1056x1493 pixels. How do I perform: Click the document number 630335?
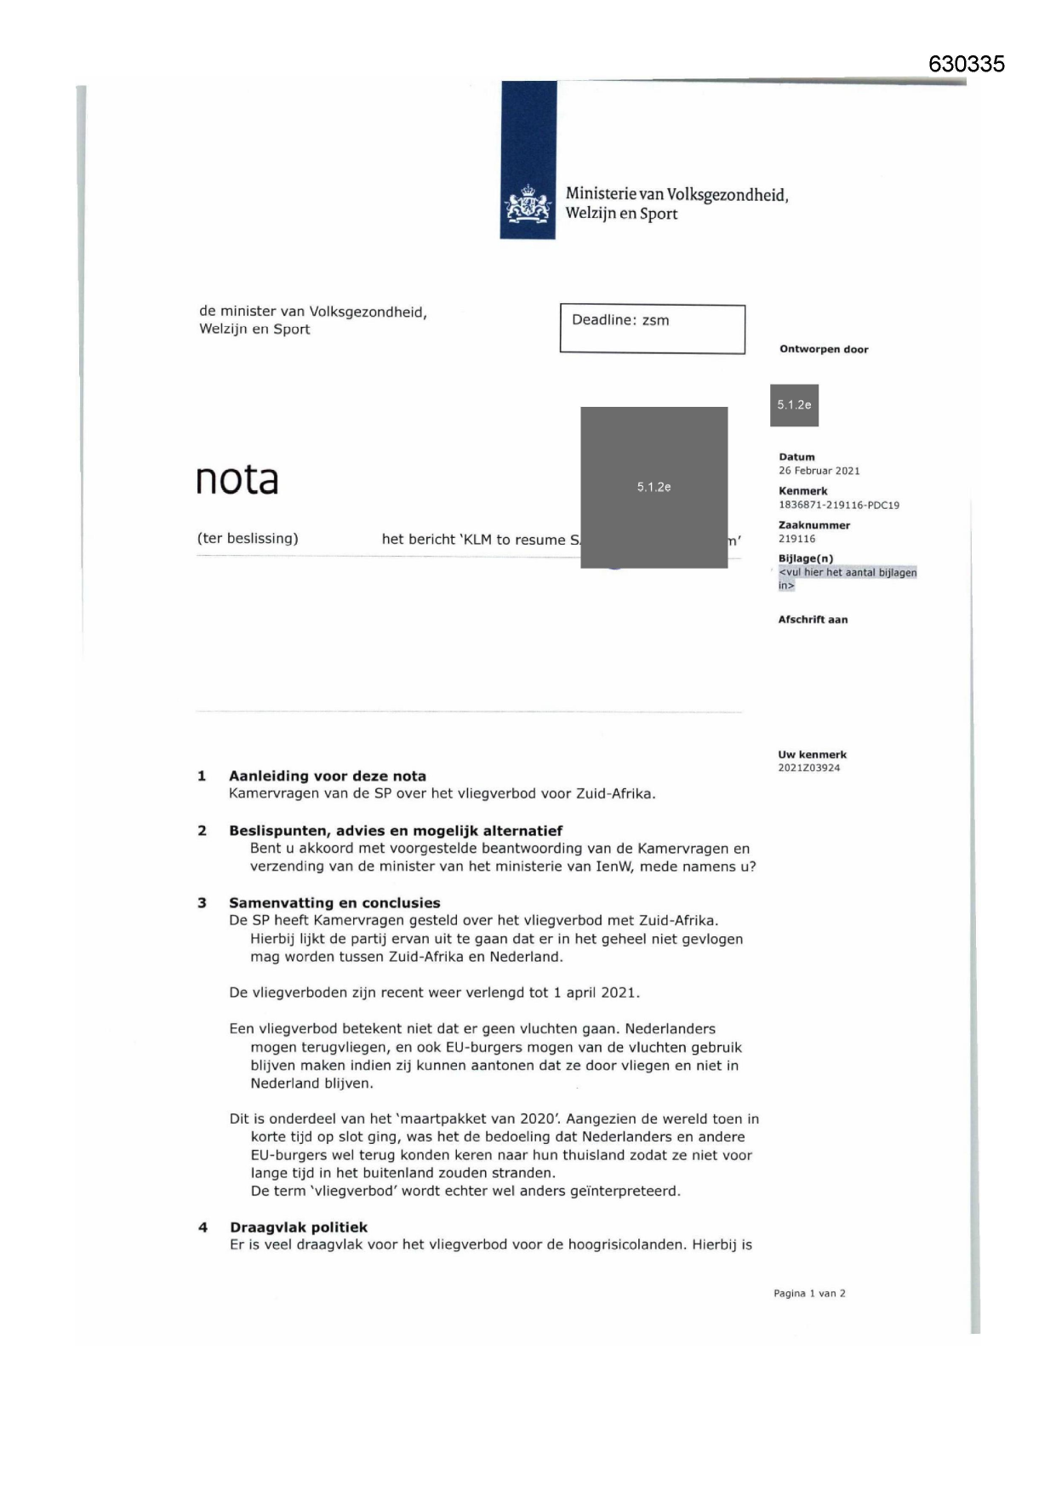click(x=966, y=64)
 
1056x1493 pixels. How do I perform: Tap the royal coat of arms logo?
click(x=528, y=205)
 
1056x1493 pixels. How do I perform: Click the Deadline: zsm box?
click(x=652, y=329)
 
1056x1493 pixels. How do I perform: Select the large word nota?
click(x=237, y=480)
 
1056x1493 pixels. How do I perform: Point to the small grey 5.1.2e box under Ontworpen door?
click(x=794, y=405)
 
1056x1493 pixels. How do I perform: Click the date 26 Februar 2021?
click(x=819, y=471)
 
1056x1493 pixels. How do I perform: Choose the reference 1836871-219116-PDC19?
click(x=838, y=505)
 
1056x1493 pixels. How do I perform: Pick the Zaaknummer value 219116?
click(x=796, y=539)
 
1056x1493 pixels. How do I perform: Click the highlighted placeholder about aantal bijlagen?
click(x=847, y=579)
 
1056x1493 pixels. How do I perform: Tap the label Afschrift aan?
click(x=813, y=620)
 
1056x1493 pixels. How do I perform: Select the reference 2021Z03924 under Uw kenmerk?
click(x=808, y=768)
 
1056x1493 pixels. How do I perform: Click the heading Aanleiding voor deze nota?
click(x=327, y=775)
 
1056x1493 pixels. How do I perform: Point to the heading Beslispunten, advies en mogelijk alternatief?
click(x=395, y=831)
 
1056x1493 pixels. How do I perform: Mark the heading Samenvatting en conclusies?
click(x=334, y=903)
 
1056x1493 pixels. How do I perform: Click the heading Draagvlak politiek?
click(x=299, y=1227)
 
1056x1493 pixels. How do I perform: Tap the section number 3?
click(x=202, y=903)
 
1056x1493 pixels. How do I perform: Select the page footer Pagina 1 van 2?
click(x=809, y=1294)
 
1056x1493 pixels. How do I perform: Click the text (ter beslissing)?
click(x=248, y=539)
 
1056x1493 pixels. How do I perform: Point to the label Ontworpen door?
click(x=824, y=349)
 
